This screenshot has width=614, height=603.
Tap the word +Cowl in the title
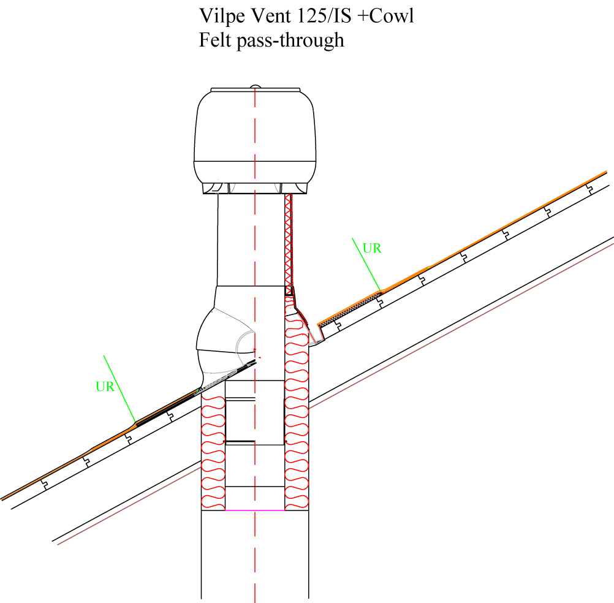(x=385, y=16)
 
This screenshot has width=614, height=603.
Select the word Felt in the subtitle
(x=215, y=40)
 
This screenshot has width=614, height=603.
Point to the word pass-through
(x=290, y=40)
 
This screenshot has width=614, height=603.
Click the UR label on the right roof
(x=371, y=248)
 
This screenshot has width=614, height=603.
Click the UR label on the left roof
(x=105, y=387)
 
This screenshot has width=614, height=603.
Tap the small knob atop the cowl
(x=255, y=87)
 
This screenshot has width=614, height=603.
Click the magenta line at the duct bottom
(x=255, y=510)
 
